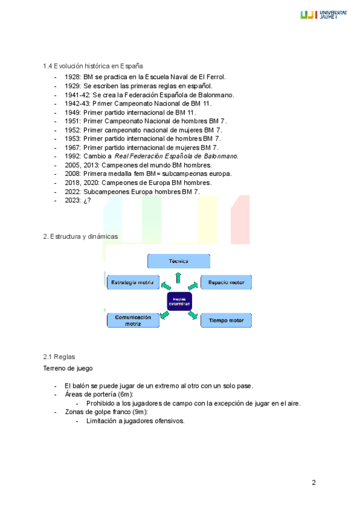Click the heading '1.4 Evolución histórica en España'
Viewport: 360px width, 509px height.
(x=92, y=66)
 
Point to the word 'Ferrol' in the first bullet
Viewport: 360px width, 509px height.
(x=213, y=77)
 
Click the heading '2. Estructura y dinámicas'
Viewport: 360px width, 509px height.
(x=80, y=236)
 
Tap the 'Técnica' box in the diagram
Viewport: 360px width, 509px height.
(x=178, y=261)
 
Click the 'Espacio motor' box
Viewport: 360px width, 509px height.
(x=226, y=282)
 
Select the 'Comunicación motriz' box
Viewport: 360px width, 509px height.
(x=133, y=320)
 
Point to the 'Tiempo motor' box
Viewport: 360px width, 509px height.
(x=226, y=321)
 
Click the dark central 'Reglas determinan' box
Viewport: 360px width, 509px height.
(x=179, y=301)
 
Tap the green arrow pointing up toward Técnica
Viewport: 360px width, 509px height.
(x=178, y=276)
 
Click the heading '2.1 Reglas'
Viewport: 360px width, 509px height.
(x=59, y=357)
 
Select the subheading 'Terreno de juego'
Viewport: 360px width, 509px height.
(x=68, y=369)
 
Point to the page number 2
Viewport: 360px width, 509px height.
(x=313, y=483)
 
